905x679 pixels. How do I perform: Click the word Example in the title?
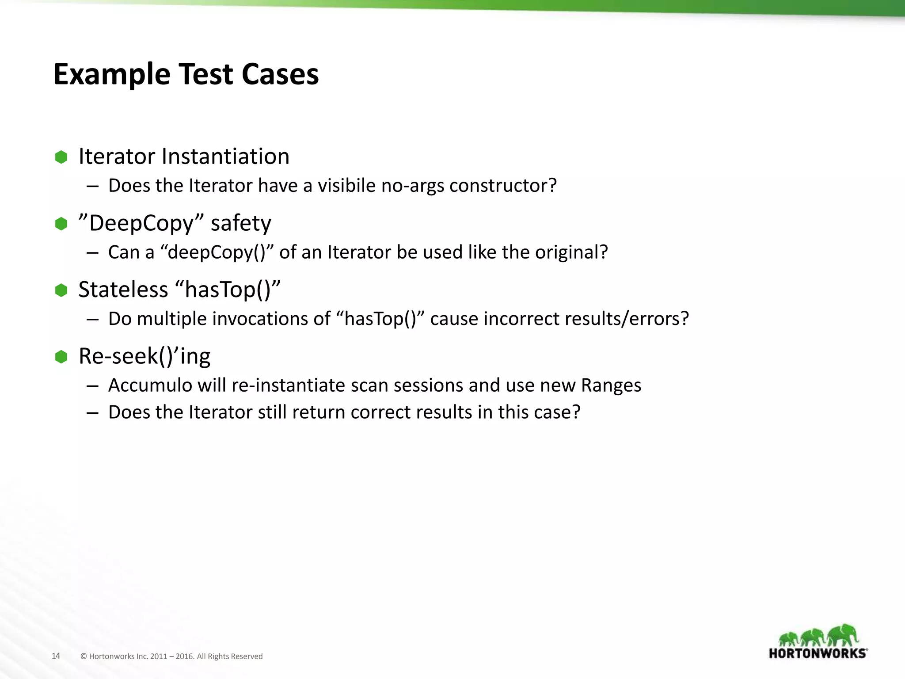click(x=112, y=74)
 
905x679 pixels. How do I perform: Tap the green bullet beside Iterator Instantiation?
click(x=61, y=157)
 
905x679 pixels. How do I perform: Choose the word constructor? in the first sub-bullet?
click(x=503, y=186)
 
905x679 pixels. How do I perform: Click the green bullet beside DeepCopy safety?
click(x=61, y=224)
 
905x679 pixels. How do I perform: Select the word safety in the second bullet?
click(x=241, y=223)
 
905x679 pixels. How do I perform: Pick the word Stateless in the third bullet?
click(x=123, y=290)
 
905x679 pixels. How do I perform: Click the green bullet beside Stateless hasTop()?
click(x=61, y=290)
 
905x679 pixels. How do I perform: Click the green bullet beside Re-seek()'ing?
click(x=61, y=357)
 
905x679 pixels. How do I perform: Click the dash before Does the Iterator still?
click(x=92, y=412)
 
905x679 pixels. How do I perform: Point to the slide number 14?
click(x=56, y=656)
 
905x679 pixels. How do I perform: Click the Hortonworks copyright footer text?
click(x=171, y=656)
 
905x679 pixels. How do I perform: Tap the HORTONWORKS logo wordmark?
click(x=818, y=653)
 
